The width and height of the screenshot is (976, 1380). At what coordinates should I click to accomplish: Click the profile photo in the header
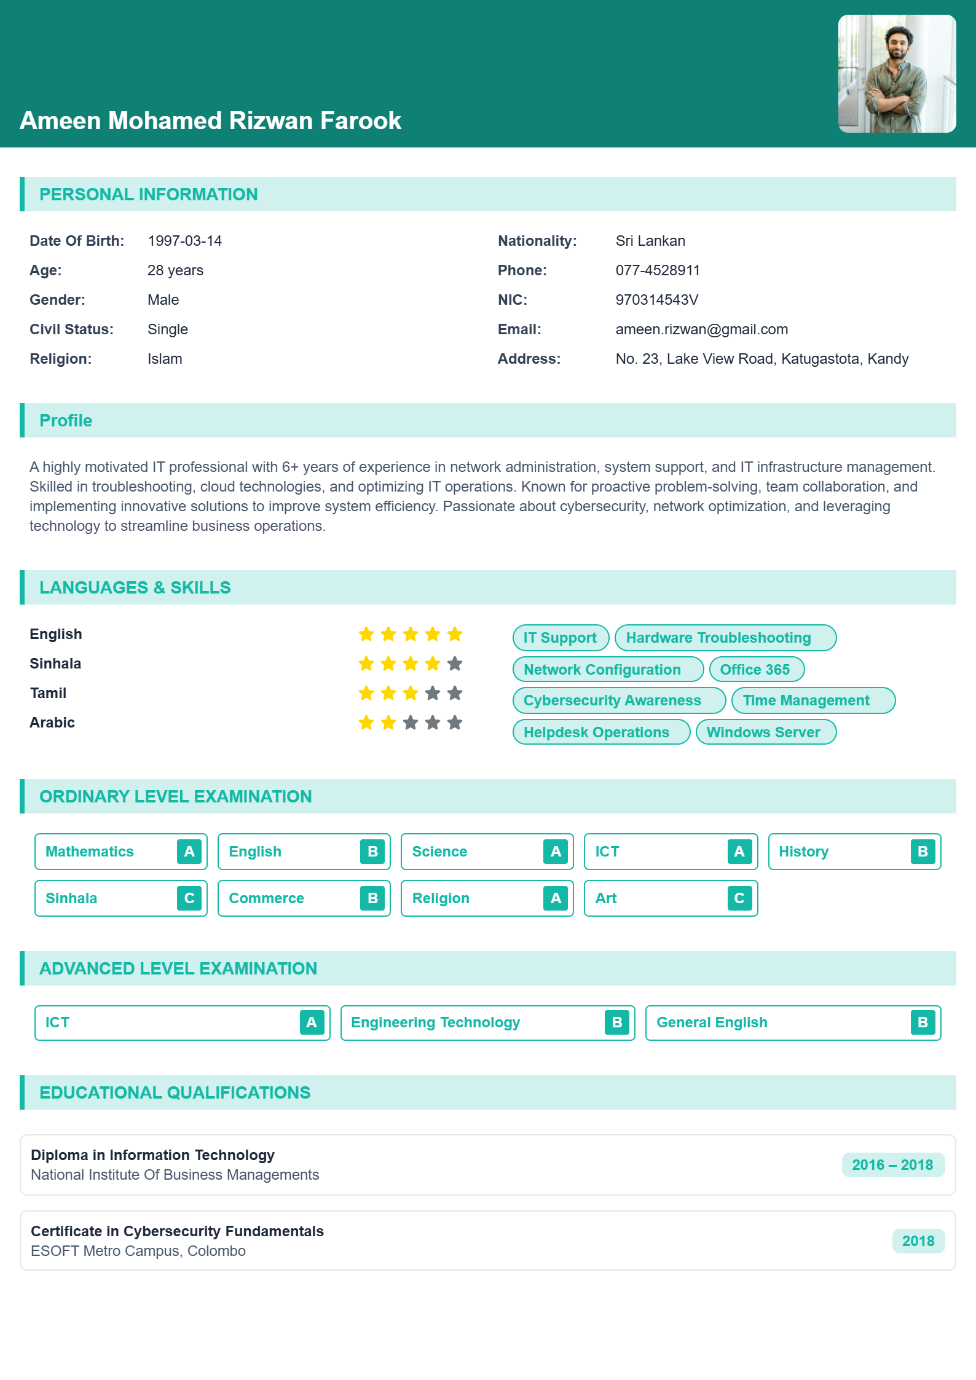897,74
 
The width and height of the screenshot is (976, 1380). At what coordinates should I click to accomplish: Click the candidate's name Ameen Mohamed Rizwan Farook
210,120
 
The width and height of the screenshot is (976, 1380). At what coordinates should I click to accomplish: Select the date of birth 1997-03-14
184,241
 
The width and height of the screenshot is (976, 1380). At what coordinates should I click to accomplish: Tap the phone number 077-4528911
658,270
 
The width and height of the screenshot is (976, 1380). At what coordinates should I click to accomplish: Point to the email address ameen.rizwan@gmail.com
701,329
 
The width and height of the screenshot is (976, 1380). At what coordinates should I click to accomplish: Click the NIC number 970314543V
656,300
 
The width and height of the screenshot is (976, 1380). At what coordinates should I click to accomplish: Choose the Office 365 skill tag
756,669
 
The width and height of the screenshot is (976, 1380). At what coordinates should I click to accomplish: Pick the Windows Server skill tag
765,732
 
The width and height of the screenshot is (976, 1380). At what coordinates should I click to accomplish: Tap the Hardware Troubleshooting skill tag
725,638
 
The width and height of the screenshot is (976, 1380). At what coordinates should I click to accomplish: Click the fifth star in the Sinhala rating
455,664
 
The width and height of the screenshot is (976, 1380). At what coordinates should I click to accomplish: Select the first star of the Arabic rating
366,723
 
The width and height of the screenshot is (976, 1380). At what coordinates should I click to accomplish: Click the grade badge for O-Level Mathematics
189,852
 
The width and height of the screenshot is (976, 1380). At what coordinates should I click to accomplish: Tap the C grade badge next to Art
739,898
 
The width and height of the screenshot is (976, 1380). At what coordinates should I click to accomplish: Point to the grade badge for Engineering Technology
617,1022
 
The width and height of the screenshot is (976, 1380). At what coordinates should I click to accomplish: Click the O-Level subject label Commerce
266,898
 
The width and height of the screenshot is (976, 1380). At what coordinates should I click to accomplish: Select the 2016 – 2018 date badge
892,1165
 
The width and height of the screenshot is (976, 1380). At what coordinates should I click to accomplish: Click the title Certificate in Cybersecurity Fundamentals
177,1231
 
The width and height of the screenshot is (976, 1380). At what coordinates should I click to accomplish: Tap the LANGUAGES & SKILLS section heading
135,587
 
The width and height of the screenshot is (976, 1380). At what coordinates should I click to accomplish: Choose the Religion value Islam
165,359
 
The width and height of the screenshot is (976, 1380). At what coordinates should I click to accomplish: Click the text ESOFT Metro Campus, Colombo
138,1251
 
